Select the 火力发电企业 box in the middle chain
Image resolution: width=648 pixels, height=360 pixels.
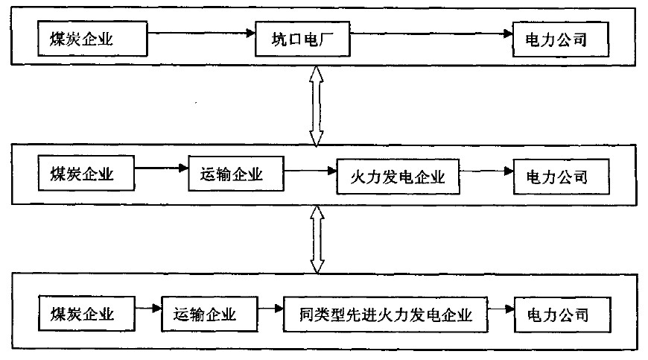pyautogui.click(x=397, y=177)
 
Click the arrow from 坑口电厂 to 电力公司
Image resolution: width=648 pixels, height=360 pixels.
pyautogui.click(x=431, y=34)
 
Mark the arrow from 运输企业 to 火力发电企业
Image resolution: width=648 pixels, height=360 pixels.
pyautogui.click(x=310, y=172)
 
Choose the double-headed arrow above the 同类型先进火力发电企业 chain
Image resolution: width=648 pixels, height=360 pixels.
pyautogui.click(x=317, y=240)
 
